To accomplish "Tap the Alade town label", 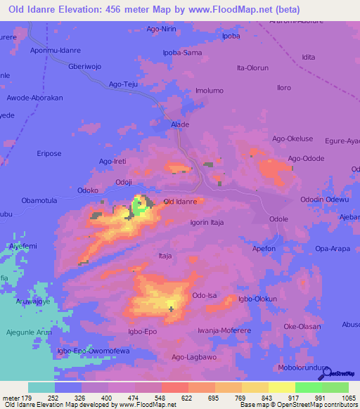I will [180, 124].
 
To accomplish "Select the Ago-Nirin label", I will [161, 30].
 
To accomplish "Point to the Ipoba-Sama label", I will [182, 53].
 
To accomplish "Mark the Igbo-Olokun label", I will [257, 299].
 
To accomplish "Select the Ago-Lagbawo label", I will [193, 357].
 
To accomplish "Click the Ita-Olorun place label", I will [253, 67].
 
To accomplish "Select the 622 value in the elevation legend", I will [186, 398].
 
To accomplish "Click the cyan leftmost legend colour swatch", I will [41, 387].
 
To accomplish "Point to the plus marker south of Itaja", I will [171, 308].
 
